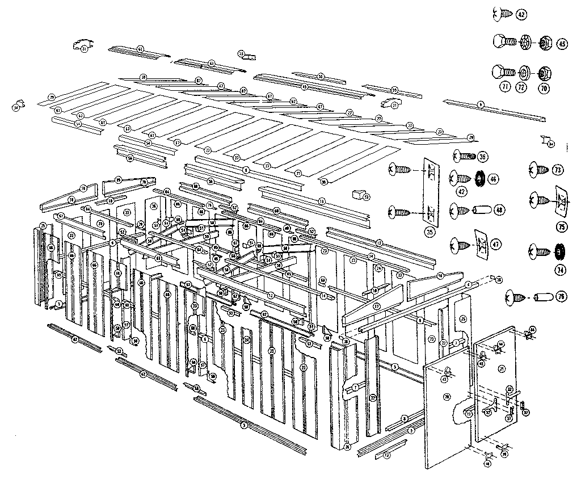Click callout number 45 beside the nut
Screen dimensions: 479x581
point(562,43)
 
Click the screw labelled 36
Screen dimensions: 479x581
point(463,156)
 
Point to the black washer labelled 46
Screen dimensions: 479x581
point(478,179)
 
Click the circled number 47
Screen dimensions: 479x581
point(496,245)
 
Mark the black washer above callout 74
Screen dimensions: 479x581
point(560,250)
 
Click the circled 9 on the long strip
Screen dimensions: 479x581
point(480,104)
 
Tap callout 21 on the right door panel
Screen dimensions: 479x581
point(501,369)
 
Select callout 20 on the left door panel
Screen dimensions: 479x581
point(447,396)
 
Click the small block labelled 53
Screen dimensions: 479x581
point(359,196)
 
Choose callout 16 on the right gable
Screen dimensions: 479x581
point(440,275)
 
